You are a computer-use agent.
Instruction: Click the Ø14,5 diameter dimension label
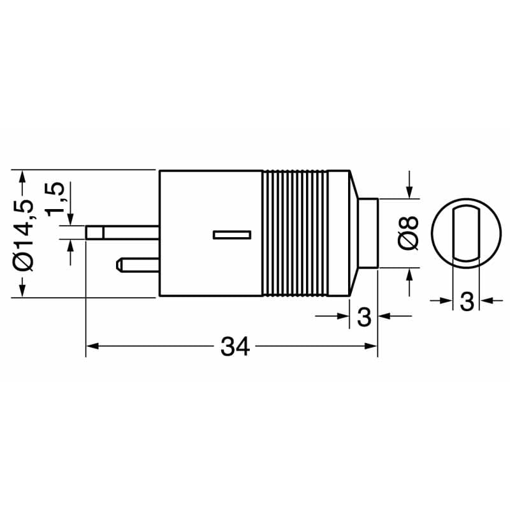tap(24, 234)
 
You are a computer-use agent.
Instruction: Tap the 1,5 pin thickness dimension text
tap(55, 198)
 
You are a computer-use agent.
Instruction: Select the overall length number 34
tap(235, 346)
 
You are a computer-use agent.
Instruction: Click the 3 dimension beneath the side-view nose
tap(364, 317)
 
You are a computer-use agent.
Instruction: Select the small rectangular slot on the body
tap(232, 235)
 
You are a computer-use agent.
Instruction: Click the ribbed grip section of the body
tap(295, 234)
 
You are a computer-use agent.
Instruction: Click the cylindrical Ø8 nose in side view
tap(368, 233)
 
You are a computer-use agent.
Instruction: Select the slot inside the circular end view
tap(465, 233)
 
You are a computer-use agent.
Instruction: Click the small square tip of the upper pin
tap(94, 233)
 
